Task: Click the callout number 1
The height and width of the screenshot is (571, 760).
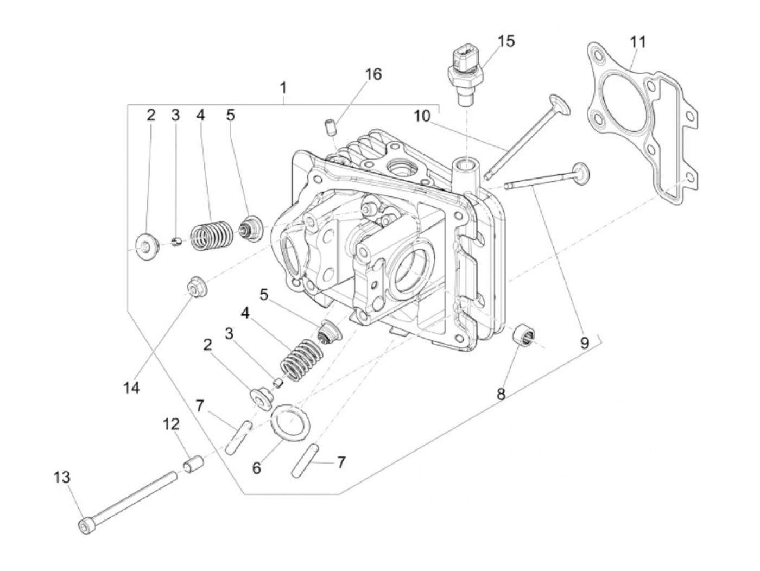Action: click(x=283, y=87)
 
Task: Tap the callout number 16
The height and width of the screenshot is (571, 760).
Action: click(x=373, y=74)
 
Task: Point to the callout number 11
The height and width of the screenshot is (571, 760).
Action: click(x=638, y=42)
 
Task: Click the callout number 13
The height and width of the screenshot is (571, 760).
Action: click(x=62, y=478)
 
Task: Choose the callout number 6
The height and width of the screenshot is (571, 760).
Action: click(x=256, y=467)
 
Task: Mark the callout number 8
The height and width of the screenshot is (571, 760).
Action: click(x=501, y=394)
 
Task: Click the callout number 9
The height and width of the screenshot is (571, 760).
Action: click(x=584, y=343)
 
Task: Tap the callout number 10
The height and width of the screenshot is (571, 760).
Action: click(x=422, y=116)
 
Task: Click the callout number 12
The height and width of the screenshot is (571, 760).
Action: click(x=172, y=424)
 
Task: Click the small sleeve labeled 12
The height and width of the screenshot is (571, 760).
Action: click(x=194, y=465)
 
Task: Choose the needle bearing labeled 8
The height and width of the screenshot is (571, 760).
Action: click(x=525, y=332)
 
